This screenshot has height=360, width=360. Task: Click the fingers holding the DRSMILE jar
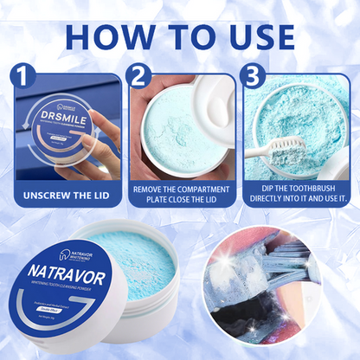(103, 147)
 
